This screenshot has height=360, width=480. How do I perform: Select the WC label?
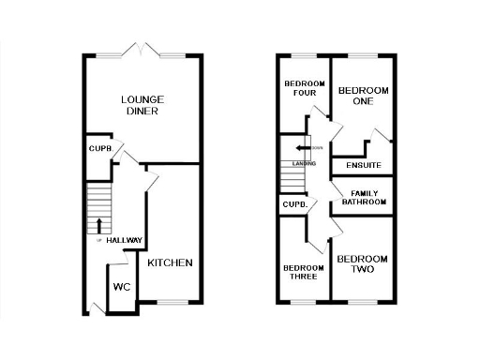[x=122, y=287]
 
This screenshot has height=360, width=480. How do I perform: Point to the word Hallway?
[x=124, y=241]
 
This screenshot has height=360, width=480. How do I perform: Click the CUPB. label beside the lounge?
[x=100, y=148]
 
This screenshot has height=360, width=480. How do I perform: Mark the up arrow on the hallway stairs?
[x=98, y=225]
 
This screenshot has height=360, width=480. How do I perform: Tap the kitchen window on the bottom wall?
[x=171, y=302]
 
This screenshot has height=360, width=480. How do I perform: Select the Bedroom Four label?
[x=304, y=89]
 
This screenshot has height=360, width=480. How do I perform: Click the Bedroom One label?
[x=363, y=97]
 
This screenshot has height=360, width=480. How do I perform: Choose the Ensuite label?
[x=363, y=166]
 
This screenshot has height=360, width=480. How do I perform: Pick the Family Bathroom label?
[x=363, y=198]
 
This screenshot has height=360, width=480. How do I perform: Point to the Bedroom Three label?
[x=304, y=272]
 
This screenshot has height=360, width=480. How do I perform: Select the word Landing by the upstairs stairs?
[x=305, y=164]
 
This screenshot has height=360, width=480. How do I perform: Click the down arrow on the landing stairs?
[x=300, y=148]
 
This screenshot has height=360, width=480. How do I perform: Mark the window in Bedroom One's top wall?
[x=363, y=55]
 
